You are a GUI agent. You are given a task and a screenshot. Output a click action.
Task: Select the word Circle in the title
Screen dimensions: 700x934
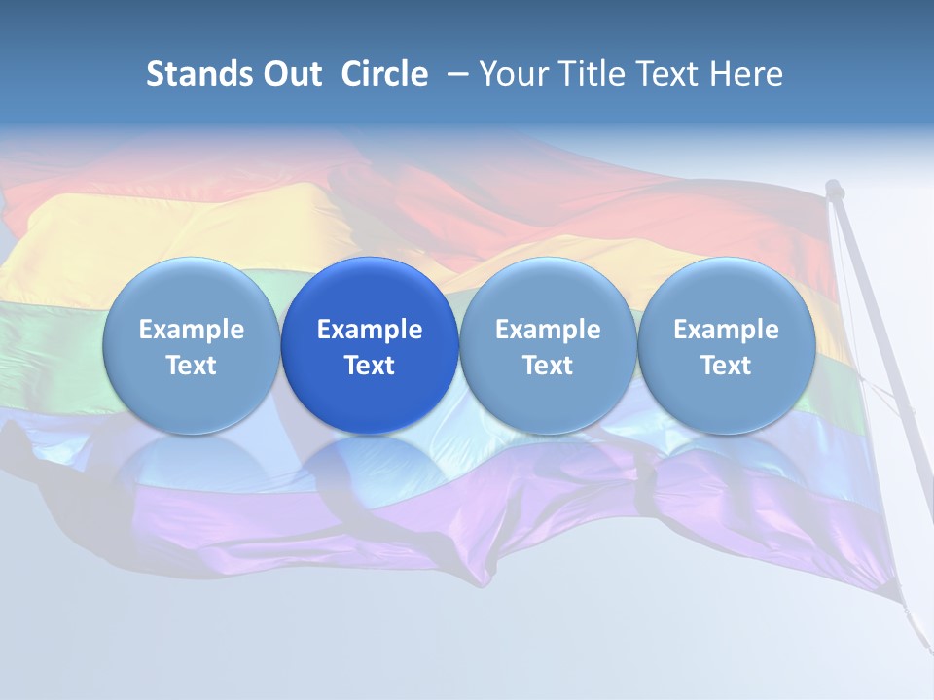tap(384, 74)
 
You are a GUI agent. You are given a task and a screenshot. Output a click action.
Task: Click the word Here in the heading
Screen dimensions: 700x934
tap(746, 74)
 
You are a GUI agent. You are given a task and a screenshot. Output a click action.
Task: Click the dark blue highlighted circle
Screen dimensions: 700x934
tap(370, 345)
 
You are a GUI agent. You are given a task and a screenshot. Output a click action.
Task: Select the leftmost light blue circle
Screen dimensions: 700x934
tap(191, 345)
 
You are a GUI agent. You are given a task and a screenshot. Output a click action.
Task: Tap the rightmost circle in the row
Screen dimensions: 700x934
tap(726, 345)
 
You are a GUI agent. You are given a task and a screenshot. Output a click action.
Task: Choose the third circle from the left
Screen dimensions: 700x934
tap(548, 345)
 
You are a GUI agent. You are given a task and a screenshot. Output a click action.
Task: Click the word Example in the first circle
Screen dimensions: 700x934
tap(191, 330)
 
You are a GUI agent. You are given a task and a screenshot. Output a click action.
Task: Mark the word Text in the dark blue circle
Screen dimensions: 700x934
tap(370, 366)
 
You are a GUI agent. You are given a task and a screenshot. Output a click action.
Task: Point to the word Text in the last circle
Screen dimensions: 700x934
tap(726, 366)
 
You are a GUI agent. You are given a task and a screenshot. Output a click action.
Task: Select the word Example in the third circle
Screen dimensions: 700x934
tap(548, 330)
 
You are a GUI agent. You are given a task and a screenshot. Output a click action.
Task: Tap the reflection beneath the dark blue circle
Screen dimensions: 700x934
tap(370, 467)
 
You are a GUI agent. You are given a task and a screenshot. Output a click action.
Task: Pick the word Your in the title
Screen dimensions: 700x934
tap(515, 74)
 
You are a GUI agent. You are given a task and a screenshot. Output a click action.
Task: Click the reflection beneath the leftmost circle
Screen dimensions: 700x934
tap(191, 467)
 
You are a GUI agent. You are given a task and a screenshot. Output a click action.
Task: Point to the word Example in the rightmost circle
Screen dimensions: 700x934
tap(726, 330)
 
